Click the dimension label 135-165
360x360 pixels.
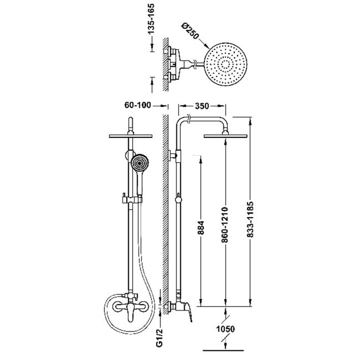151,19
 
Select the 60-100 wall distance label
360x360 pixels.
137,105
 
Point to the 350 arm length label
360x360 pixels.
202,106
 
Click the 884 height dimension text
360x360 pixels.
201,228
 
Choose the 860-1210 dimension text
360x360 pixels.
225,225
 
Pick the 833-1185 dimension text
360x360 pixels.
250,219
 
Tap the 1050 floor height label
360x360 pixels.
225,329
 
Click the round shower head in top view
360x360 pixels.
225,64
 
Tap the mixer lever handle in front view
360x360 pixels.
130,312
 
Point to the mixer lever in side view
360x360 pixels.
188,312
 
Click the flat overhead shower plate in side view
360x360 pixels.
225,136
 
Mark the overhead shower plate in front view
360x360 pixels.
130,136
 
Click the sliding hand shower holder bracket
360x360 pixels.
132,199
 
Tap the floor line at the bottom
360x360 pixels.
223,350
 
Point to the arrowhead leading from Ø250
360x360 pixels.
206,45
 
